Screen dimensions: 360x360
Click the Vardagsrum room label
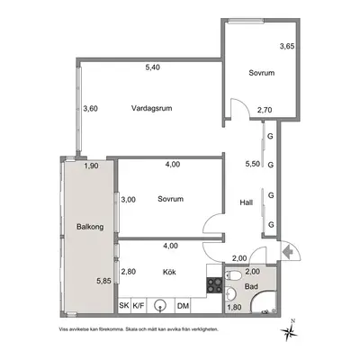click(152, 108)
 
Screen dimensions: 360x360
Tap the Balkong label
click(90, 227)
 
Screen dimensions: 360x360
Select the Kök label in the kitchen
click(169, 272)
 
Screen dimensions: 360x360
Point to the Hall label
click(246, 202)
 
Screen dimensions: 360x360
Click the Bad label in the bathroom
click(251, 286)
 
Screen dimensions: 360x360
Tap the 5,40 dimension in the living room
click(152, 67)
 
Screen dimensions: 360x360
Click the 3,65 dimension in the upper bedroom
click(287, 47)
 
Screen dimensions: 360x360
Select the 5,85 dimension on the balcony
click(103, 282)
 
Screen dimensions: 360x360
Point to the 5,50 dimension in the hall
click(253, 164)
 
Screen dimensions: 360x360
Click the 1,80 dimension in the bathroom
click(234, 307)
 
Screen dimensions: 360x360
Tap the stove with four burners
click(214, 285)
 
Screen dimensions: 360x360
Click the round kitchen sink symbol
click(159, 305)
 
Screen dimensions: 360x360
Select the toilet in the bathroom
click(232, 274)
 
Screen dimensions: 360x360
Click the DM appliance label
click(183, 306)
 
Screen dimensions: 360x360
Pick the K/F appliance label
click(139, 306)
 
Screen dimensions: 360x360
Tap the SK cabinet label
click(124, 306)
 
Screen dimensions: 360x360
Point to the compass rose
click(289, 330)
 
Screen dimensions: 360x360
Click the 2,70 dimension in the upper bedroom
click(265, 110)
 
